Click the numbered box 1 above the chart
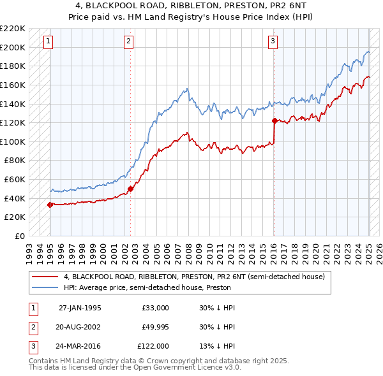pyautogui.click(x=49, y=42)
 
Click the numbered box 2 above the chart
pyautogui.click(x=128, y=42)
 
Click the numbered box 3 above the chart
pyautogui.click(x=273, y=42)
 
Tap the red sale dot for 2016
pyautogui.click(x=274, y=120)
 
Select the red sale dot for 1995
pyautogui.click(x=50, y=205)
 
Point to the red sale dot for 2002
pyautogui.click(x=130, y=189)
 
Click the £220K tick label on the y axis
pyautogui.click(x=13, y=29)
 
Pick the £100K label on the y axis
pyautogui.click(x=13, y=141)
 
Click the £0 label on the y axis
pyautogui.click(x=19, y=236)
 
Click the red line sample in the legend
pyautogui.click(x=45, y=277)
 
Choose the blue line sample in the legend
pyautogui.click(x=45, y=287)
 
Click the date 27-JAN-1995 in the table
pyautogui.click(x=80, y=308)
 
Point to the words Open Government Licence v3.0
pyautogui.click(x=187, y=367)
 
